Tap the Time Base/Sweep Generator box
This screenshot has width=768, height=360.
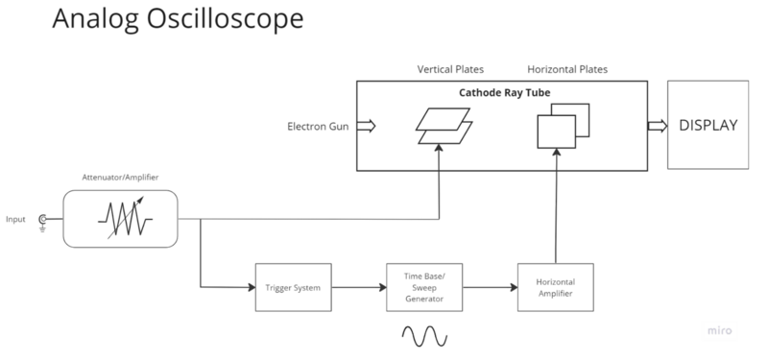[x=423, y=286]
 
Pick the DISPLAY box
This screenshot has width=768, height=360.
[x=708, y=126]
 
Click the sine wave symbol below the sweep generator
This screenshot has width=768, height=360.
[x=423, y=335]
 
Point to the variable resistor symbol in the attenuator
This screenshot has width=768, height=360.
[x=121, y=217]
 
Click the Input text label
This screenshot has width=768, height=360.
[x=17, y=219]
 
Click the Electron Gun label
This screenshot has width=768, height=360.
[x=318, y=127]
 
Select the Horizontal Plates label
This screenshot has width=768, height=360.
[x=567, y=69]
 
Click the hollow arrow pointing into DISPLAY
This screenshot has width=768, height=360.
[x=658, y=126]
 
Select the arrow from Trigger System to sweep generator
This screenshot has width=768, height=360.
[x=359, y=287]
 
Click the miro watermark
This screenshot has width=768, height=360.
[x=717, y=329]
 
